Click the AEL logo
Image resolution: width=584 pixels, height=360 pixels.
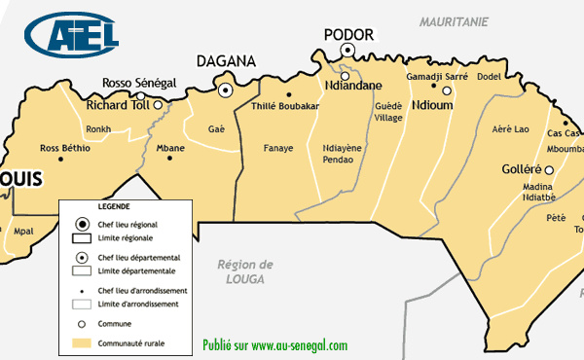coord(74,36)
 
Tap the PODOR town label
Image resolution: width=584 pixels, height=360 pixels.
coord(348,34)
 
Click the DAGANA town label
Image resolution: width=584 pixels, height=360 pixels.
coord(226,61)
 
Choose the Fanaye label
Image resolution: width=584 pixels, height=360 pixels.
coord(279,148)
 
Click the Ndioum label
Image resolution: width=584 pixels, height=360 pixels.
coord(432,104)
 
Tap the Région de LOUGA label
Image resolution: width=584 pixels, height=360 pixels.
coord(245,270)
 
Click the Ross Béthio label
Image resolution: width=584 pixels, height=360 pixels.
coord(64,148)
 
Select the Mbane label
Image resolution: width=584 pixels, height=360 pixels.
coord(170,148)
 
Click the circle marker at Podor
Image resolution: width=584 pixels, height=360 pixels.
coord(347,51)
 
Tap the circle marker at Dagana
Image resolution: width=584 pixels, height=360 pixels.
coord(226,90)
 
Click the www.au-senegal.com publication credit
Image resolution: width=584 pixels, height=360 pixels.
coord(274,345)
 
